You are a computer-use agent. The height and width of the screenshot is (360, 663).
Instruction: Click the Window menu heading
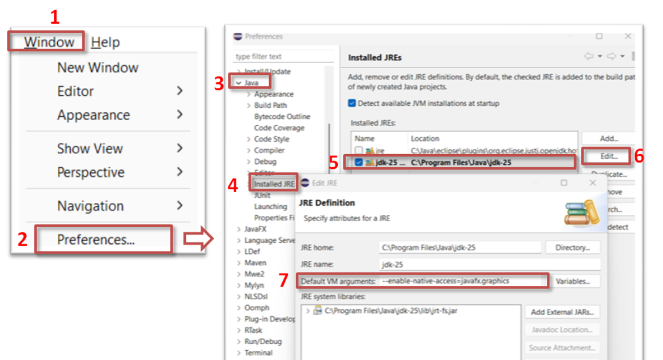click(x=49, y=42)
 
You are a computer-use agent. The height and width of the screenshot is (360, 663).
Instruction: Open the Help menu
click(x=105, y=42)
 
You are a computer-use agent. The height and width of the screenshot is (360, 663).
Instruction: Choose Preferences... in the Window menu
click(x=96, y=239)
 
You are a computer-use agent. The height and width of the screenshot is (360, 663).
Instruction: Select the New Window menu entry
click(x=97, y=67)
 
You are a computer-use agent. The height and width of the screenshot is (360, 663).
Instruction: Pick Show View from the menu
click(x=90, y=149)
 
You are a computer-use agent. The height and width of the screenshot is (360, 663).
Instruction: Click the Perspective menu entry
click(x=91, y=172)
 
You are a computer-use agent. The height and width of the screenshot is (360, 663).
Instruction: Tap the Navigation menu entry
click(x=90, y=206)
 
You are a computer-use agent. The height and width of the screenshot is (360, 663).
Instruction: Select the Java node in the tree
click(x=251, y=83)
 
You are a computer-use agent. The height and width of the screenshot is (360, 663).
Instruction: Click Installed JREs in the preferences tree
click(x=274, y=184)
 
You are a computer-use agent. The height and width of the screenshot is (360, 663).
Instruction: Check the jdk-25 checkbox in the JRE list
click(x=358, y=163)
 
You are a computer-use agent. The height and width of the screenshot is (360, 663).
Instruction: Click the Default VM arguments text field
click(x=462, y=281)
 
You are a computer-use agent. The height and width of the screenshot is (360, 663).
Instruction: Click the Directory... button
click(x=572, y=248)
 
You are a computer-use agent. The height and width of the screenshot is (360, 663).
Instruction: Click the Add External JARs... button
click(x=562, y=312)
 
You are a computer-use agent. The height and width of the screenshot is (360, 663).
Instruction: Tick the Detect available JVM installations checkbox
click(x=352, y=104)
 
